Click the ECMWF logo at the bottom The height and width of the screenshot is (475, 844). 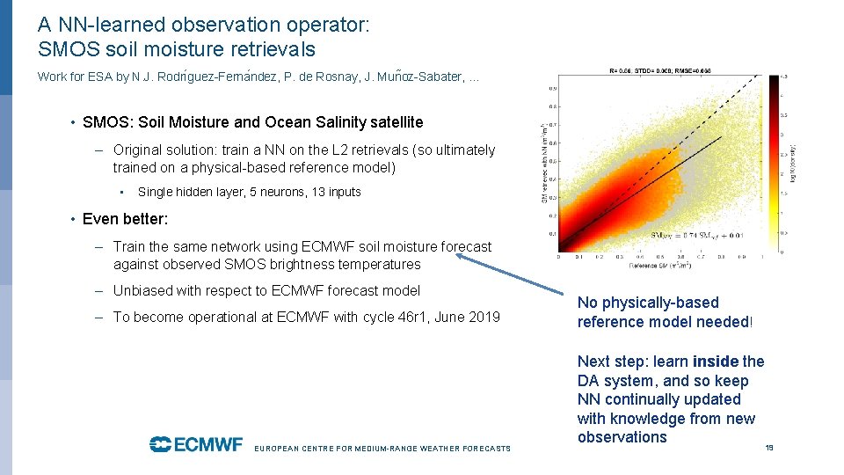195,444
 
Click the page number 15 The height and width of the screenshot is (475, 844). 769,448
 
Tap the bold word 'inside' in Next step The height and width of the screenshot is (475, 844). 716,362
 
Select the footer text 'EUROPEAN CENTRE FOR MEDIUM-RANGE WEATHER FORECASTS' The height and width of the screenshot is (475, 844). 382,449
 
